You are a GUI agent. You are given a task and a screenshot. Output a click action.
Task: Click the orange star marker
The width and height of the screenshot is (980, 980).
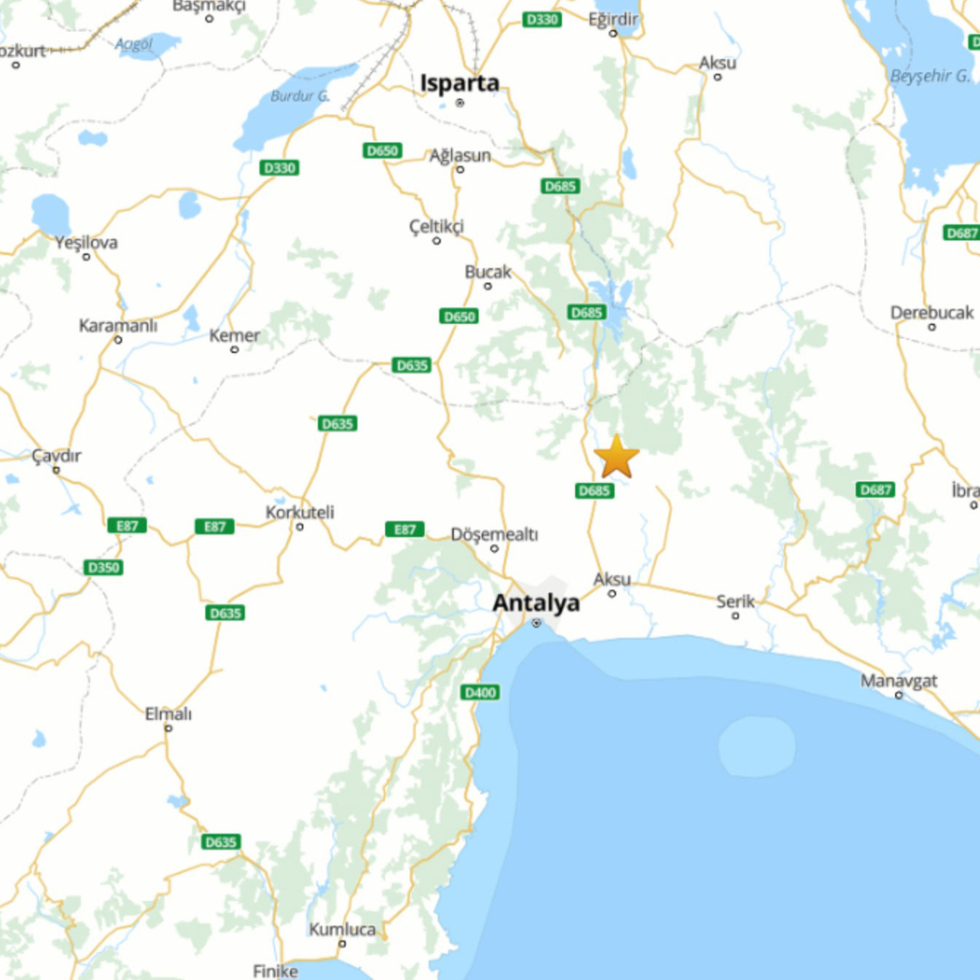[x=616, y=457]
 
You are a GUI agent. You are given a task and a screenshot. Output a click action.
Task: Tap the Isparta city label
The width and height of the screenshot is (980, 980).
[x=459, y=83]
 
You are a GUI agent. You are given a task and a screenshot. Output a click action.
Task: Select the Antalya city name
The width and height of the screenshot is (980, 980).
[x=536, y=603]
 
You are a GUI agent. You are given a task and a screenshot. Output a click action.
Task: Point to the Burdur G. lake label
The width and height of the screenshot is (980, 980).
[x=299, y=96]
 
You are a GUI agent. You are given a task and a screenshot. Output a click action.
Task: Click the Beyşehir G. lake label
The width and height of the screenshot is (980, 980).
[x=929, y=76]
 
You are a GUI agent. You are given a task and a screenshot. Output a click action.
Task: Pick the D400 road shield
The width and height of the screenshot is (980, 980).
[x=481, y=692]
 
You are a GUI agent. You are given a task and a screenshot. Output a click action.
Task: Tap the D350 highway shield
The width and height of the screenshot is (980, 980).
[x=103, y=567]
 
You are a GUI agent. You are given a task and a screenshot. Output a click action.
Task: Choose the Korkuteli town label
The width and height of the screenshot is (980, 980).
[x=299, y=511]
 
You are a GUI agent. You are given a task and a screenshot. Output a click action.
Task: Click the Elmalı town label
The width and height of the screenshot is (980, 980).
[x=168, y=714]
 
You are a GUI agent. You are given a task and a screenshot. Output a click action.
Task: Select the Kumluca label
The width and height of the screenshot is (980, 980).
[x=342, y=929]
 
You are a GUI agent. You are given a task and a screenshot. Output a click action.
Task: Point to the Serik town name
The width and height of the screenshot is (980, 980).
[x=735, y=601]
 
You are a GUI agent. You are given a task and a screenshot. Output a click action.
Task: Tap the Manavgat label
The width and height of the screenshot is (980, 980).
[x=898, y=680]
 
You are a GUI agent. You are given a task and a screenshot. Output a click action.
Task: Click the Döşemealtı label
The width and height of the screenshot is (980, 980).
[x=494, y=534]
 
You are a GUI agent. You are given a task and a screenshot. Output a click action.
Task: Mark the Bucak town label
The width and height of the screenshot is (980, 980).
[x=488, y=272]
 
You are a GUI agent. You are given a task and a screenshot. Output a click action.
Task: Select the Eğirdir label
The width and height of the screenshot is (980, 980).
[x=612, y=19]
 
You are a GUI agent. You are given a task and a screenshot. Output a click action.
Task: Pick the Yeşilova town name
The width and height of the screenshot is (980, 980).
[x=86, y=243]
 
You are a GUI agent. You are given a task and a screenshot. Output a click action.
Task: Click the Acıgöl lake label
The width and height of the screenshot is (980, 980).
[x=134, y=44]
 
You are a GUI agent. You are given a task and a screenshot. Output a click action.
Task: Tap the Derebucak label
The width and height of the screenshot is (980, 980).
[x=931, y=312]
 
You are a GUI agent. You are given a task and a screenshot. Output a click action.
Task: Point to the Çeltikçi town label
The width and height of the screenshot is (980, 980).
[x=436, y=226]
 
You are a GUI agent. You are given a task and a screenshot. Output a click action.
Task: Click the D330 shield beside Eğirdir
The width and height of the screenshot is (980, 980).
[x=542, y=19]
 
